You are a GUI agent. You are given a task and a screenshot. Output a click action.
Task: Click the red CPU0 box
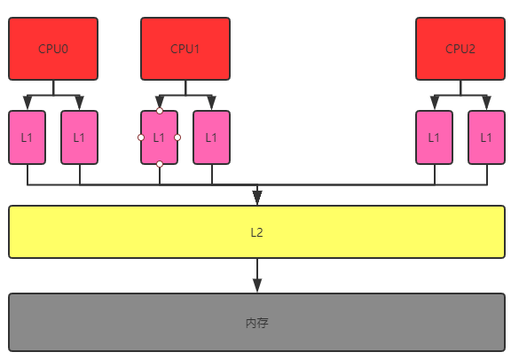pos(53,49)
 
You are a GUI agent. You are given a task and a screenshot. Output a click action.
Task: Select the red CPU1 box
pos(185,49)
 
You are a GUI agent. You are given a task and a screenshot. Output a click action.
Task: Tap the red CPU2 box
pos(460,49)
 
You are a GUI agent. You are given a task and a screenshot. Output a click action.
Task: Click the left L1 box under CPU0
pos(27,137)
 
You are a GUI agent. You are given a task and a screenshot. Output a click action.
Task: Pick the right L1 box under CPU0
pos(79,137)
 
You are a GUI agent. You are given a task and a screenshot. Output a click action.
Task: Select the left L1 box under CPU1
pos(159,137)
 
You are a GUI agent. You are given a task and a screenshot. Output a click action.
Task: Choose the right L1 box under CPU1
pos(211,137)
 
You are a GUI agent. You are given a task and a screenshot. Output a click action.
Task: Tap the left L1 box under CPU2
pos(434,137)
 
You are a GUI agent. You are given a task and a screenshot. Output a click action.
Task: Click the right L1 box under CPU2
pos(486,137)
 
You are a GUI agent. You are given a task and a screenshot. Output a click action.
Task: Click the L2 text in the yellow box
pos(256,232)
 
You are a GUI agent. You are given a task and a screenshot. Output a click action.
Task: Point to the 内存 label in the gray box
pos(256,323)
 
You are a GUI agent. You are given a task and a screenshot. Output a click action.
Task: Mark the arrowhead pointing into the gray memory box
pos(257,285)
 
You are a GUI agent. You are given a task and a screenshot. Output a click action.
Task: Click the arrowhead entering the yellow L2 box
pos(257,197)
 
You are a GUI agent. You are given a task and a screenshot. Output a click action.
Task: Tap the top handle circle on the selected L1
pos(159,111)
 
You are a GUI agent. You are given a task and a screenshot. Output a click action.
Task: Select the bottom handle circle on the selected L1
pos(159,164)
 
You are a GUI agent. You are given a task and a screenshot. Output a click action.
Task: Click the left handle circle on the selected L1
pos(141,137)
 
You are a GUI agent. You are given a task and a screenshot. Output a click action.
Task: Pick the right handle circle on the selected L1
pos(177,137)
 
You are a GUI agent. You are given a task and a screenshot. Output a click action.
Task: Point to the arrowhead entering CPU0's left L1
pos(27,103)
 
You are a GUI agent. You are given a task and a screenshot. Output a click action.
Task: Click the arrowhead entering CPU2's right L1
pos(486,103)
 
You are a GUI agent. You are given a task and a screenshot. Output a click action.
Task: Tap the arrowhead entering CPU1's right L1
pos(211,103)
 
